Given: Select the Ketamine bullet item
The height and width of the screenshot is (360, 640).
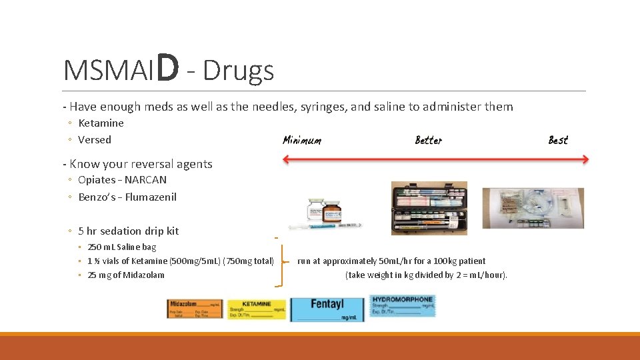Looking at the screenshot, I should coord(101,123).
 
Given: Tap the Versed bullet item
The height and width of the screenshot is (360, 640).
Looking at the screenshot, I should coord(95,139).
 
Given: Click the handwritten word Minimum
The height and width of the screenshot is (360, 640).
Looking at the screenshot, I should coord(301,140).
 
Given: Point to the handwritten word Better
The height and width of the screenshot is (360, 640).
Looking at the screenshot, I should coord(428,140).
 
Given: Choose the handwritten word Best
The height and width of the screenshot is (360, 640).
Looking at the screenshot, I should coord(558,140).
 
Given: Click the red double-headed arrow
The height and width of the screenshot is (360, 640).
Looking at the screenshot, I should coord(435,159).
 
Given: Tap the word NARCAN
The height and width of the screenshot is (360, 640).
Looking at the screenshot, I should coord(147,179).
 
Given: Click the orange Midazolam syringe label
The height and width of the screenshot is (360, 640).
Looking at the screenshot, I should coord(195,309).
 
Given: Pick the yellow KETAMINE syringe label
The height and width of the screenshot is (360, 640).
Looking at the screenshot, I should coord(257,309).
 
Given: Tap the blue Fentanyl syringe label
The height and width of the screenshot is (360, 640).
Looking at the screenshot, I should coord(327,309).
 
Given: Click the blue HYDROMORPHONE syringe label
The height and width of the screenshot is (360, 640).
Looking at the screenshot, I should coord(402,305).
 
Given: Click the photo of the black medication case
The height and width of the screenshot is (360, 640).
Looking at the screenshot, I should coord(429,208).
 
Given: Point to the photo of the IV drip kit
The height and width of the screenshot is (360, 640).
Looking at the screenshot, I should coord(533,208).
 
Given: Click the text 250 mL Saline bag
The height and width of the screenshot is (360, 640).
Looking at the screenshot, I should coord(122,247).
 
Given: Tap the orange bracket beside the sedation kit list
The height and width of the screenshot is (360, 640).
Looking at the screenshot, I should coord(280,261).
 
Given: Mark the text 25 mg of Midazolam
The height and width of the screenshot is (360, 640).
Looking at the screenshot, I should coord(126,275).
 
